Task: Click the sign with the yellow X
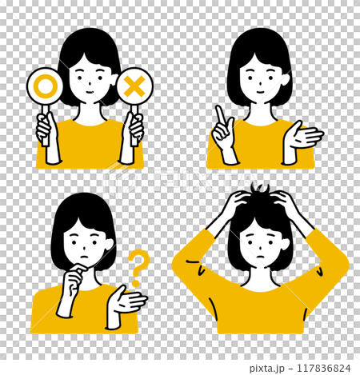[134, 85]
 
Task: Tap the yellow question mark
[138, 268]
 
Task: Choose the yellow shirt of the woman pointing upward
[260, 148]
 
